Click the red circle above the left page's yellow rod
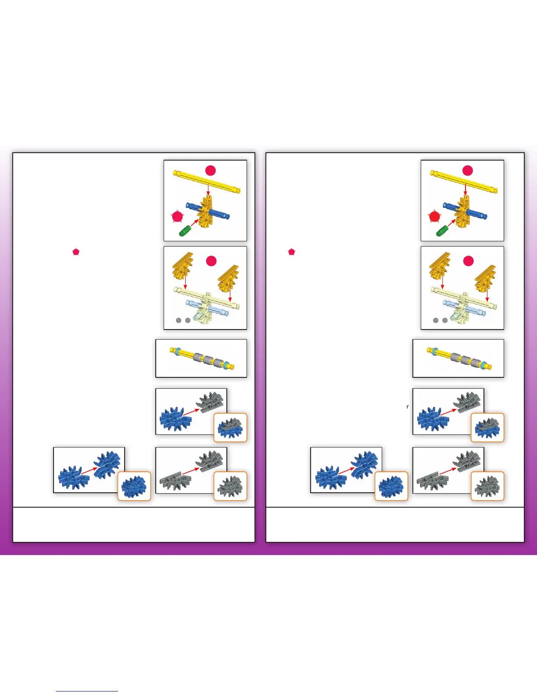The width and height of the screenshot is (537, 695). [x=211, y=170]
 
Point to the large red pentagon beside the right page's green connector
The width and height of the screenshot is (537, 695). [x=434, y=216]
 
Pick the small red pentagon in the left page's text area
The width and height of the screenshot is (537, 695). [x=76, y=252]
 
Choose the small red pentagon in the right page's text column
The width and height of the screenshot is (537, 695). [x=291, y=252]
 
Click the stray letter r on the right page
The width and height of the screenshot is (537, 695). [x=408, y=407]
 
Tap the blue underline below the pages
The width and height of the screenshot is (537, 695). [x=87, y=691]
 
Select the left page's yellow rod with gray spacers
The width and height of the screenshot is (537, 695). [x=202, y=358]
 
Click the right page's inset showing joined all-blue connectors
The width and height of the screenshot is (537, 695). [x=391, y=486]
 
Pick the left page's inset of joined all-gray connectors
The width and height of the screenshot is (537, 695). [x=230, y=486]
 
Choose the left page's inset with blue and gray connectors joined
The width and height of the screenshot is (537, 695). [x=230, y=427]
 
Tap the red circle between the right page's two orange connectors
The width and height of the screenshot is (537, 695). [x=468, y=261]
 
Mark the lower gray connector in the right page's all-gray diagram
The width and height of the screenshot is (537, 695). [x=432, y=481]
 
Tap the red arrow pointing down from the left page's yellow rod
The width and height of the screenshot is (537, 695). [x=208, y=190]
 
